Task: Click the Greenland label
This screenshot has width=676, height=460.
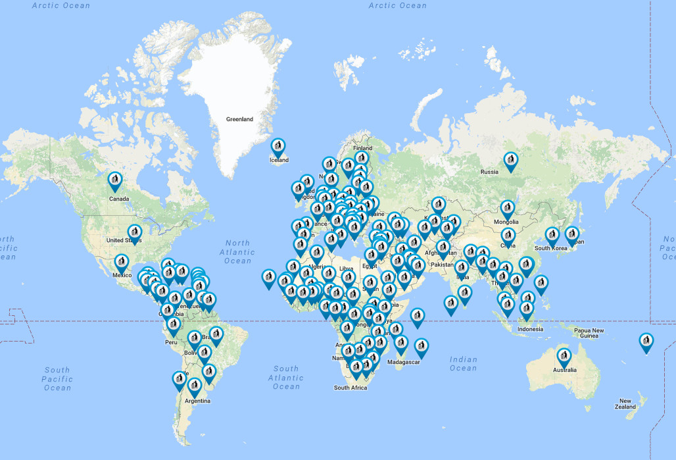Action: click(x=239, y=119)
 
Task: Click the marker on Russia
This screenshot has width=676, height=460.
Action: click(x=510, y=161)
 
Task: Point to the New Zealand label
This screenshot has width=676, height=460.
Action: click(x=627, y=403)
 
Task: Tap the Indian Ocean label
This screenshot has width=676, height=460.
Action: click(x=463, y=363)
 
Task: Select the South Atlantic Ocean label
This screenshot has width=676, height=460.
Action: click(x=286, y=378)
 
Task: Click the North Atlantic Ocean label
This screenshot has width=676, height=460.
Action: click(x=237, y=252)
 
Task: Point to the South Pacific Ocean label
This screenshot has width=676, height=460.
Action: click(x=57, y=379)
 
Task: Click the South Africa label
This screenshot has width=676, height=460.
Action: click(x=350, y=388)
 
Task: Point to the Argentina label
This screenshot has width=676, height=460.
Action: click(x=197, y=401)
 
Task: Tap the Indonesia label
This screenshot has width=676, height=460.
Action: click(x=530, y=329)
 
